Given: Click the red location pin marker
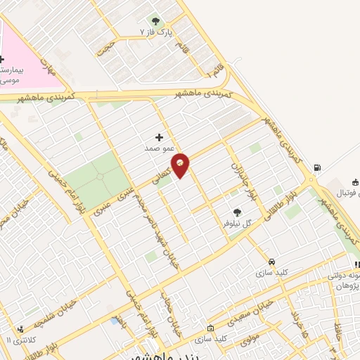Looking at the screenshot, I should (181, 165).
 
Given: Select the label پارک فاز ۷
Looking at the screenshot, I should (155, 33).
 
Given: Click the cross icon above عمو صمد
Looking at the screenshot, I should (159, 137).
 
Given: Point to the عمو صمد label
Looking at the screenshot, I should (159, 148).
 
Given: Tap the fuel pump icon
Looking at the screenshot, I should (317, 167).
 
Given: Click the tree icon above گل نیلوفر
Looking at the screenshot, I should (237, 211).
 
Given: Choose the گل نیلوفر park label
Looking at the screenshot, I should (238, 221).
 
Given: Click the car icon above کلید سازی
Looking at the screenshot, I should (262, 261).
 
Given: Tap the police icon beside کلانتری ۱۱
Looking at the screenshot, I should (21, 328).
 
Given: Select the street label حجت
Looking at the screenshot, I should (105, 49).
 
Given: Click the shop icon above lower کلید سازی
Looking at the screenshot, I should (210, 328).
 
